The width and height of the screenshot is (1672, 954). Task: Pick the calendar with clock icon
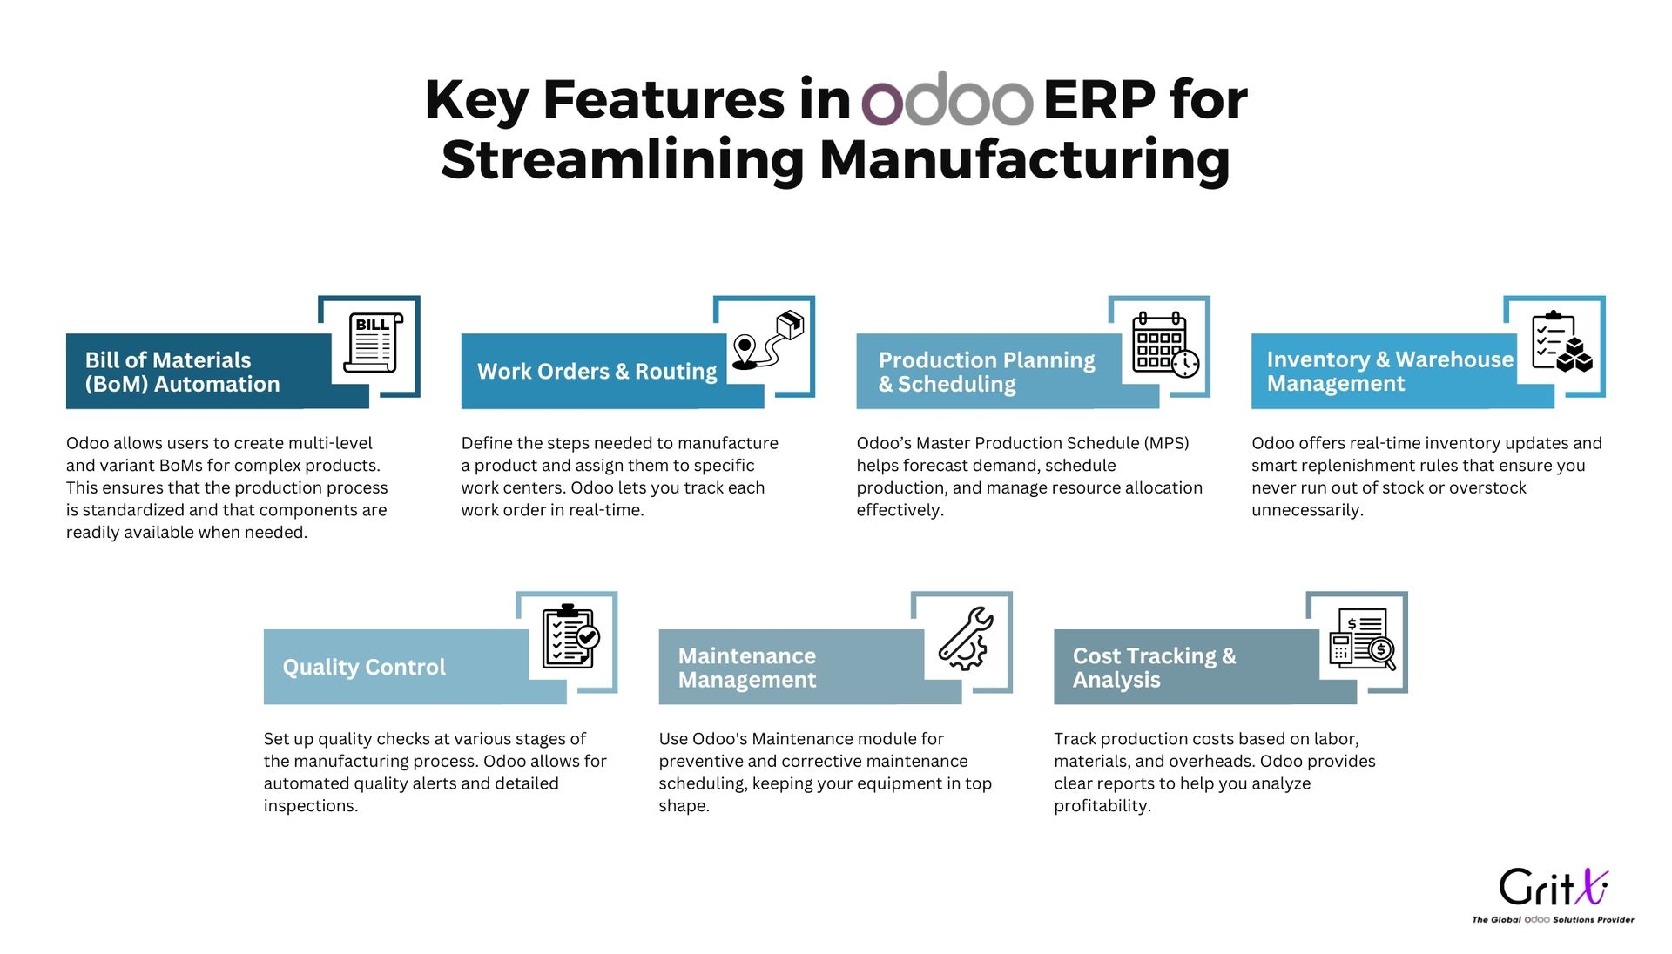[x=1165, y=345]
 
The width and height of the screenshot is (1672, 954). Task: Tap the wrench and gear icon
[x=966, y=638]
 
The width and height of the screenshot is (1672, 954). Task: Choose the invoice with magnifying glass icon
[x=1362, y=639]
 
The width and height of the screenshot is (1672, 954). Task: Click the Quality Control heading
[x=364, y=667]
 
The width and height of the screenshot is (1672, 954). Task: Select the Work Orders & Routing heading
[x=597, y=372]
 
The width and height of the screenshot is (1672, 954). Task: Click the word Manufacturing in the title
[x=1025, y=160]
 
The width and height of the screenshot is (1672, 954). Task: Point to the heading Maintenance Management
[x=747, y=668]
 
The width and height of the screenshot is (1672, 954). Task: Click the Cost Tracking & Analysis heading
[x=1154, y=668]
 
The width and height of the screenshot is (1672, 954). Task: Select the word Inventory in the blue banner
[x=1318, y=359]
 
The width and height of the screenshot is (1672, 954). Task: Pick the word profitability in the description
[x=1102, y=806]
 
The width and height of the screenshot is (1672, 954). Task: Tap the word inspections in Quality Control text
[x=311, y=806]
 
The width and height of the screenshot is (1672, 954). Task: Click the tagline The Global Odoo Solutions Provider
[x=1553, y=919]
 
